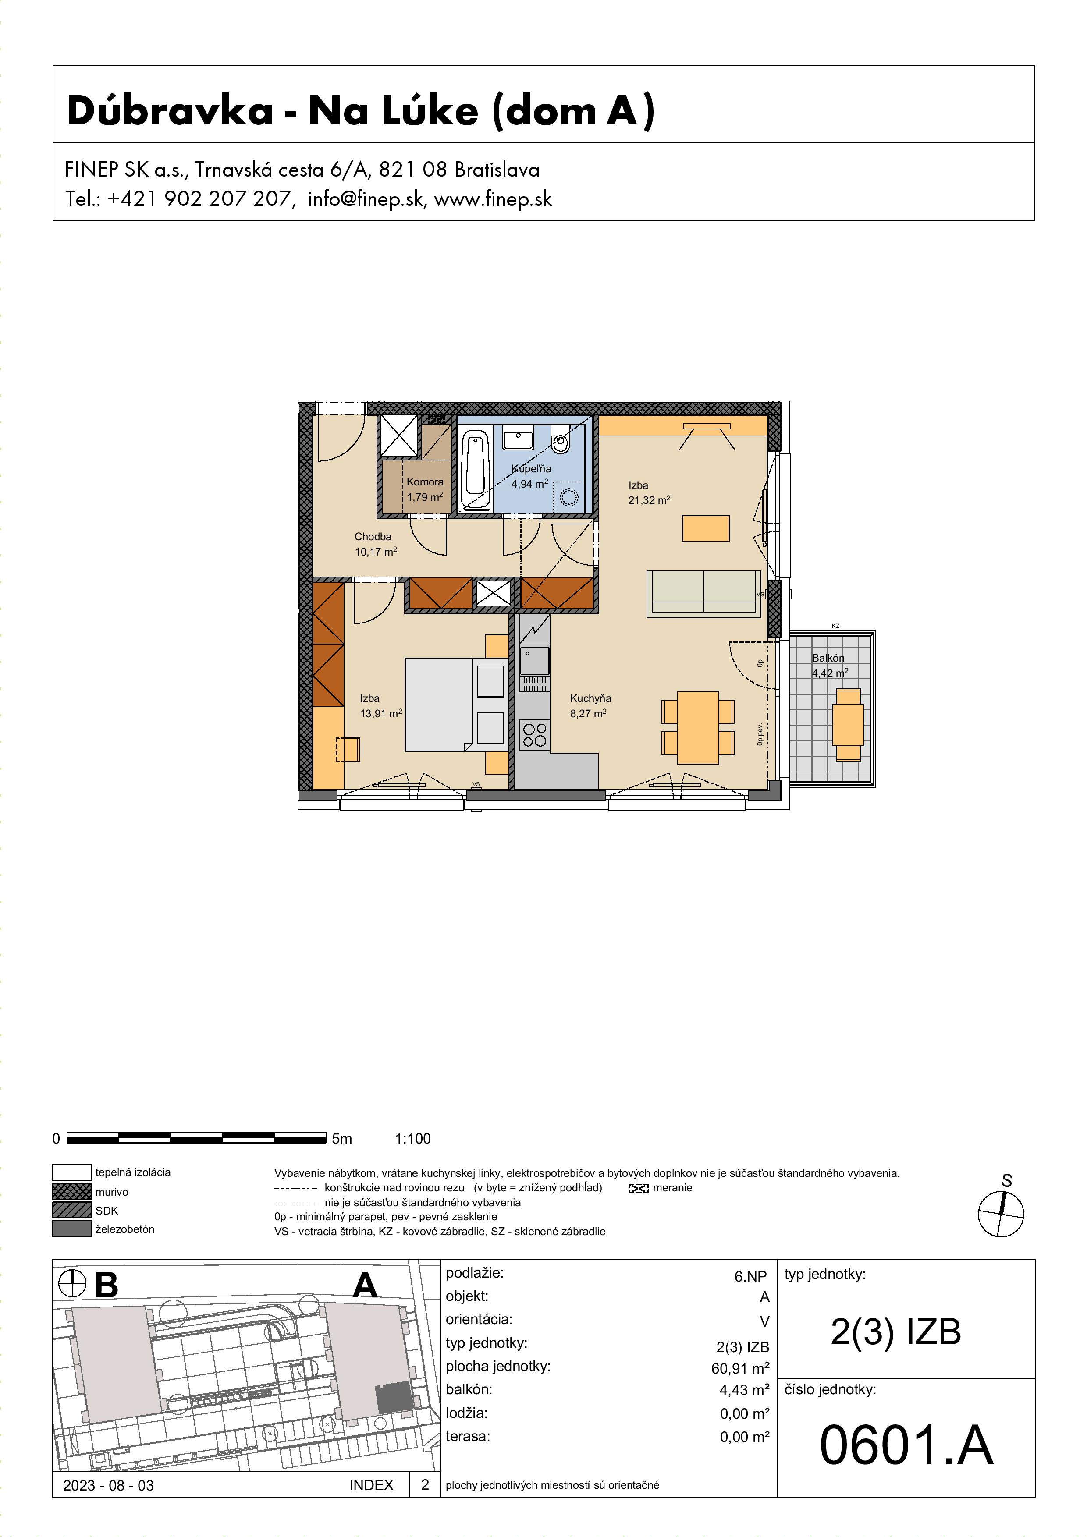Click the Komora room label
[425, 482]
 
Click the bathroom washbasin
[519, 439]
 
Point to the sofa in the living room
[704, 593]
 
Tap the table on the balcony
[849, 725]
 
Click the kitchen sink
[534, 660]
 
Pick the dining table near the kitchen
[698, 727]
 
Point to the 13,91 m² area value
[381, 714]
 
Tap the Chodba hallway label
[373, 537]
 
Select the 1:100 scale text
[413, 1139]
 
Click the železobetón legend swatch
[71, 1229]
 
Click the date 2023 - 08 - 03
[109, 1485]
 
